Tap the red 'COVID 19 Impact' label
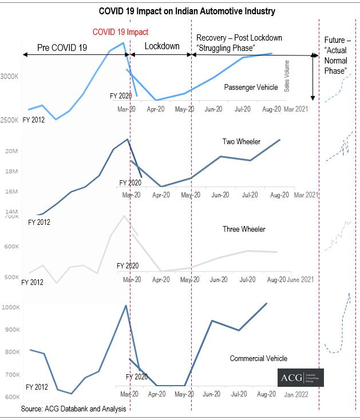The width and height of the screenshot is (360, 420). tap(120, 32)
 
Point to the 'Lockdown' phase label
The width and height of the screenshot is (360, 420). tap(161, 46)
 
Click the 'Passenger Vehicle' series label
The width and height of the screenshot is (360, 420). tap(251, 88)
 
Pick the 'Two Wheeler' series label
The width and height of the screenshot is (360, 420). tap(241, 141)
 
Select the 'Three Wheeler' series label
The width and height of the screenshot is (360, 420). tap(244, 229)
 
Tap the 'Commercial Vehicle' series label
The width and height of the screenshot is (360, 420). tap(258, 359)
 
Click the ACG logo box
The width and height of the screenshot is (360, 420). tap(301, 378)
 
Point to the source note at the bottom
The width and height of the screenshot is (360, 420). tap(73, 409)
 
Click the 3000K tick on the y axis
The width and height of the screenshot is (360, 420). tap(11, 76)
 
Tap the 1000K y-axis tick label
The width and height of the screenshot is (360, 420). tap(11, 307)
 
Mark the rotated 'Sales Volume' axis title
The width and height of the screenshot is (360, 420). tap(287, 76)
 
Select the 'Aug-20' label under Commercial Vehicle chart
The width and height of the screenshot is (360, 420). tap(266, 394)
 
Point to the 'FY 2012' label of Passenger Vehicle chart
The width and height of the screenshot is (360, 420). tap(34, 120)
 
